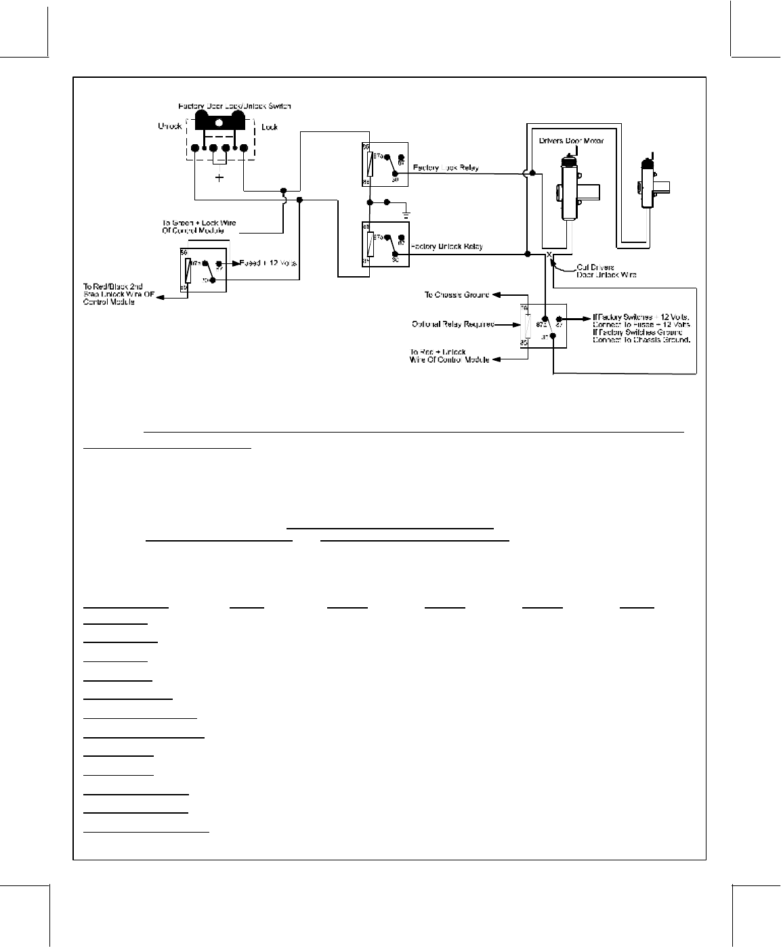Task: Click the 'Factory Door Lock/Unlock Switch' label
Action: [234, 106]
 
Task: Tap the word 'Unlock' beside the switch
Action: [169, 127]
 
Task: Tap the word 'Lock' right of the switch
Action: [270, 127]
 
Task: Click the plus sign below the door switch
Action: [219, 178]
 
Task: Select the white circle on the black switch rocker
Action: [219, 123]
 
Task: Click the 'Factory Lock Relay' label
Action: [446, 167]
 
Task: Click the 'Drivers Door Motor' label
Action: [571, 141]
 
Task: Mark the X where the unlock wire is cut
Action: [549, 255]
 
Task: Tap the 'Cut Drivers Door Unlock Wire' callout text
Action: [605, 271]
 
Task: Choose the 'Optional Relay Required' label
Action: [452, 324]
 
